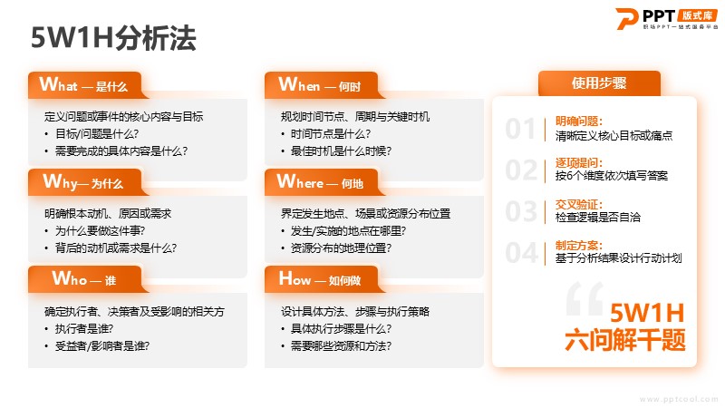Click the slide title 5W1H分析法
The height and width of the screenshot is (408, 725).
113,37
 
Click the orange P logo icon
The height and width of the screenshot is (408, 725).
627,18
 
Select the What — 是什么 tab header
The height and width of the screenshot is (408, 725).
84,85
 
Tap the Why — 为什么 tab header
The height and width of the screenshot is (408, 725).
84,182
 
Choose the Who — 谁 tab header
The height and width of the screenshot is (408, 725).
84,279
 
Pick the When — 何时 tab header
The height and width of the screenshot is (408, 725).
321,85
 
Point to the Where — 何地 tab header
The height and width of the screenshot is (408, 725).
321,182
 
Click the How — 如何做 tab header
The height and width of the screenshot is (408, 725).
321,279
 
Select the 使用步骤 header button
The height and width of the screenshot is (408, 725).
599,83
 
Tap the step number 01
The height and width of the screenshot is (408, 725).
520,128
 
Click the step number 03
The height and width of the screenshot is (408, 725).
521,211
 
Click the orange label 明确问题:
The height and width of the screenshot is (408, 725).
579,121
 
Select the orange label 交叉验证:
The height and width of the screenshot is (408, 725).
579,204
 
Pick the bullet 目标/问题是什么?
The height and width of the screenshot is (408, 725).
97,133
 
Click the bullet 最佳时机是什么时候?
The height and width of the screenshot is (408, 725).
342,151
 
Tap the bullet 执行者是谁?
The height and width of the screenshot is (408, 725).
84,328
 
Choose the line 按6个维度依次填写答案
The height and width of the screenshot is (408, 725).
611,176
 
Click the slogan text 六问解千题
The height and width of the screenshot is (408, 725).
625,340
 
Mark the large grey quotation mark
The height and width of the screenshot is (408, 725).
585,298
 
